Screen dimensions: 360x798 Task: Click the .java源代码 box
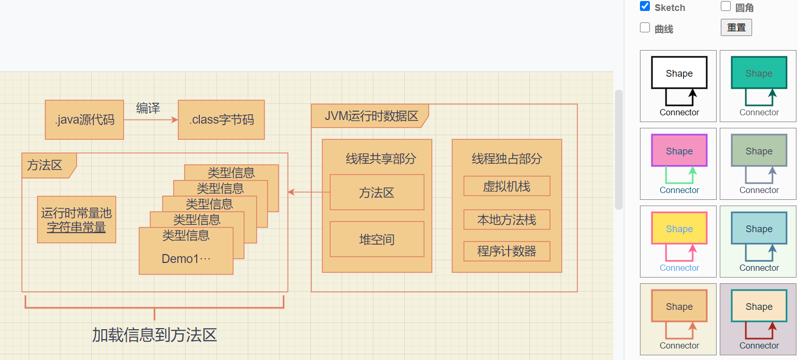tap(84, 120)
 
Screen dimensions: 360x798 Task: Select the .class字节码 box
tap(221, 120)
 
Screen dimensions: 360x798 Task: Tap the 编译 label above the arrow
tap(148, 109)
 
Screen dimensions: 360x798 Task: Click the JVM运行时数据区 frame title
tap(371, 116)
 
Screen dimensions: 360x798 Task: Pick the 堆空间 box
tap(377, 239)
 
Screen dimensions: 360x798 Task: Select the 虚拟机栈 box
tap(506, 186)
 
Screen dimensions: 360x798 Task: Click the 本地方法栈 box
tap(506, 220)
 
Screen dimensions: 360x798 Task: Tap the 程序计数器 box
tap(506, 251)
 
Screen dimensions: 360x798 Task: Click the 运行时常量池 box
tap(77, 220)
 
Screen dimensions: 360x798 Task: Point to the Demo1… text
tap(186, 259)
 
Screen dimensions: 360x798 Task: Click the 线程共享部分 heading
tap(381, 159)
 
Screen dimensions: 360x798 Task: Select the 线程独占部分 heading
tap(506, 159)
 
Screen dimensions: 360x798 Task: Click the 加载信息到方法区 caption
tap(154, 334)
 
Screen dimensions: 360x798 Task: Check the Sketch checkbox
tap(645, 6)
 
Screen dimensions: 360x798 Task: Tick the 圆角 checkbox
tap(726, 6)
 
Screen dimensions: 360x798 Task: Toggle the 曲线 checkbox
tap(645, 28)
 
